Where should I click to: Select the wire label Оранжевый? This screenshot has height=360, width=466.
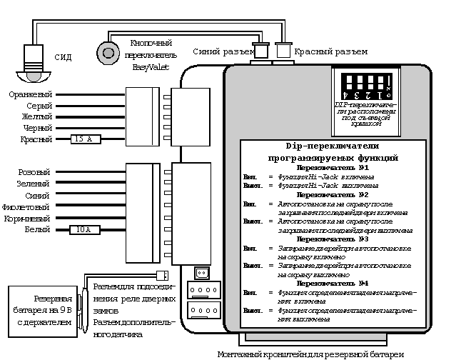tap(31, 94)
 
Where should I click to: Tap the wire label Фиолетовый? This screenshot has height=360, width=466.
tap(28, 206)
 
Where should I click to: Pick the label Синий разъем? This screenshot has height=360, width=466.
tap(223, 51)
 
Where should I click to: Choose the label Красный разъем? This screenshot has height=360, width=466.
tap(331, 51)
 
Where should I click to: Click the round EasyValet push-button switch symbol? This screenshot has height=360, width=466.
tap(108, 52)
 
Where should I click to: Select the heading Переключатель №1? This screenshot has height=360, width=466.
tap(333, 167)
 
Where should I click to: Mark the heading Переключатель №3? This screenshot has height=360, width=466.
tap(333, 239)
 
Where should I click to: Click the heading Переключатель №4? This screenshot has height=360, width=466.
tap(333, 284)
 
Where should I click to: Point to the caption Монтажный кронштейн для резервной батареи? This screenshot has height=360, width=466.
tap(310, 354)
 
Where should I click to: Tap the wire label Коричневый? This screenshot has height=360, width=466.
tap(27, 218)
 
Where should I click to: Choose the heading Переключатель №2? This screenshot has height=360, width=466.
tap(333, 194)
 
